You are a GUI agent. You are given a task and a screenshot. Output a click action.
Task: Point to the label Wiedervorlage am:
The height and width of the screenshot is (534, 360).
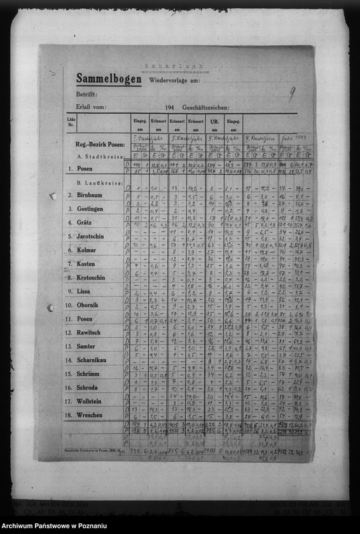(175, 81)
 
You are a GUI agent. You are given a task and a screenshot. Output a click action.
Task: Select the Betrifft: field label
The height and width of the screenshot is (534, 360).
(87, 94)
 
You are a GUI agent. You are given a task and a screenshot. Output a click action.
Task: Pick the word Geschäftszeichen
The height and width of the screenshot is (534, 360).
(206, 108)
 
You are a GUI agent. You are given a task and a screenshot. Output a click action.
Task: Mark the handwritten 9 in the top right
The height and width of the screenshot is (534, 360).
(291, 95)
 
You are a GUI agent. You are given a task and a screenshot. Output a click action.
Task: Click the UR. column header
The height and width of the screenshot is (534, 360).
(215, 120)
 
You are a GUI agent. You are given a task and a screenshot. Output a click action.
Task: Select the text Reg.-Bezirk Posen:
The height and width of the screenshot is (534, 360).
(100, 145)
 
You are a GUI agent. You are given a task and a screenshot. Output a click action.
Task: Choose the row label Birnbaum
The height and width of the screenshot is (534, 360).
(89, 195)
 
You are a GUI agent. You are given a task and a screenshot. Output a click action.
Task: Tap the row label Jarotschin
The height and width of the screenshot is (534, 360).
(91, 236)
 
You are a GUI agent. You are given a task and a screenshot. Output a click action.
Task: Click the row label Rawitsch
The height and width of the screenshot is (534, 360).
(89, 332)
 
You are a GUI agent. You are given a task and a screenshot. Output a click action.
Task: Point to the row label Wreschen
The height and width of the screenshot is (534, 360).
(89, 415)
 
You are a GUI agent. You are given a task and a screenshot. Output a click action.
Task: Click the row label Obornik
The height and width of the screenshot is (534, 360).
(88, 305)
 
